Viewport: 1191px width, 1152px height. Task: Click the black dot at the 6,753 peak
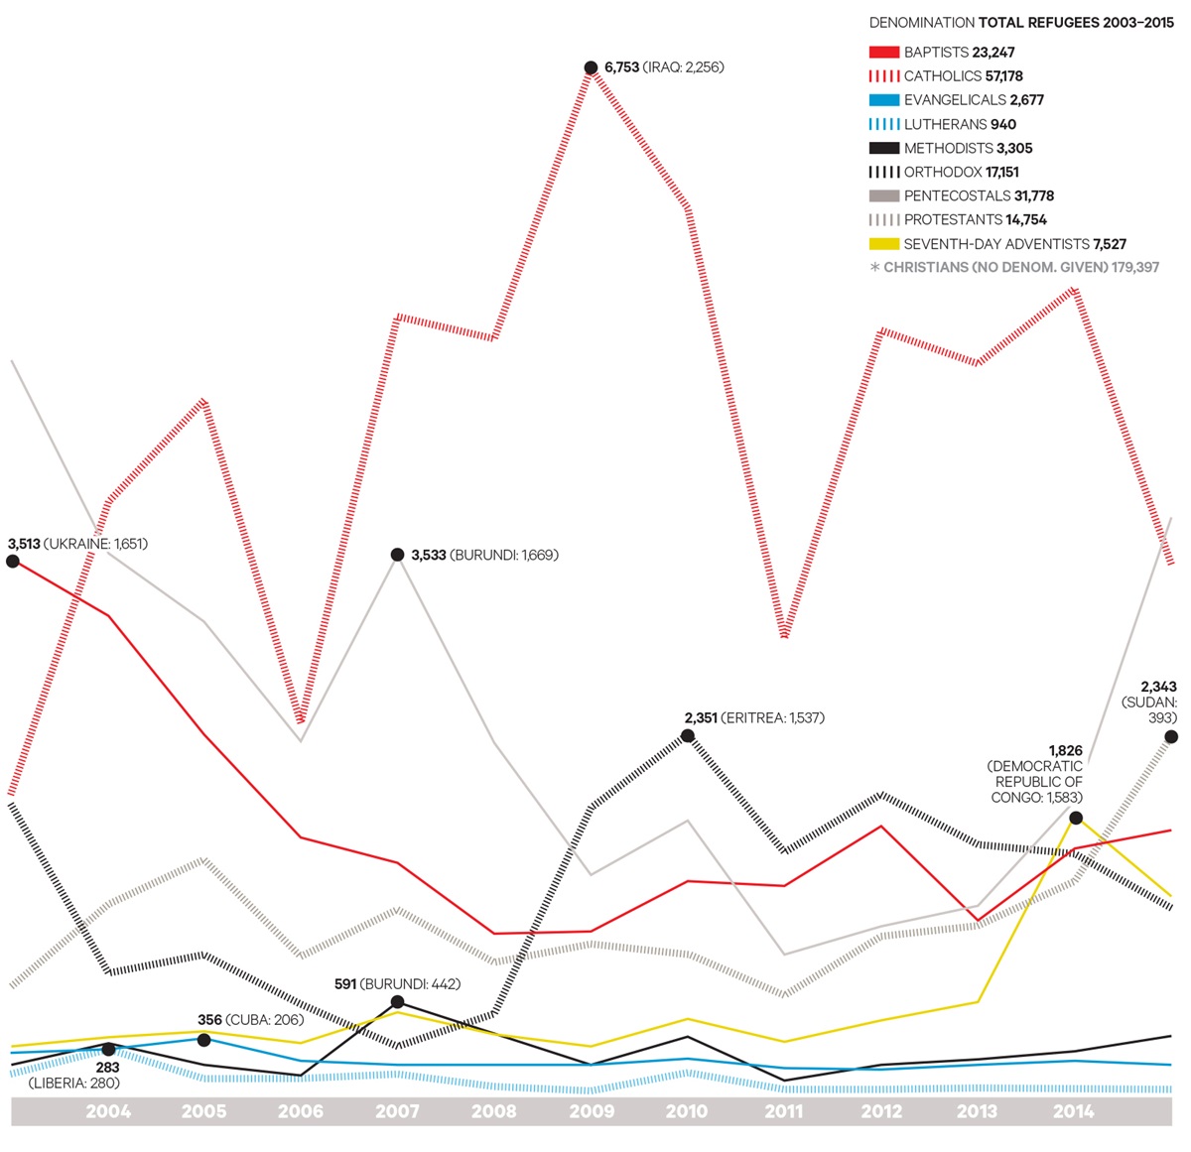tap(592, 68)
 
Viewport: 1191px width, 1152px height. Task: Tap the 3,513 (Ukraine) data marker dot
tap(12, 561)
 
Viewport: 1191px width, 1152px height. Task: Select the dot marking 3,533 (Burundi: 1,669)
tap(397, 555)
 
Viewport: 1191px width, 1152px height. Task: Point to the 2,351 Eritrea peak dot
tap(688, 735)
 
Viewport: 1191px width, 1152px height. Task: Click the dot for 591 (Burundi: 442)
tap(397, 1002)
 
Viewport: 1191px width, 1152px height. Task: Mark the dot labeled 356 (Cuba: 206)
tap(203, 1039)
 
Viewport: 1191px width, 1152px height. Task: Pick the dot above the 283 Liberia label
tap(108, 1049)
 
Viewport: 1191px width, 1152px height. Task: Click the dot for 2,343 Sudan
tap(1171, 736)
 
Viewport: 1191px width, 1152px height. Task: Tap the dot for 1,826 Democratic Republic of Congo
tap(1076, 818)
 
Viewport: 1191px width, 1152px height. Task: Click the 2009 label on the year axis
tap(591, 1111)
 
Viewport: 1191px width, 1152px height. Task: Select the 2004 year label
tap(108, 1111)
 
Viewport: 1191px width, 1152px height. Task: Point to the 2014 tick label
tap(1073, 1111)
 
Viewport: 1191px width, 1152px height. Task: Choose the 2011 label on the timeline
tap(783, 1111)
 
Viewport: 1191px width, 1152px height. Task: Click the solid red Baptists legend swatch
tap(883, 53)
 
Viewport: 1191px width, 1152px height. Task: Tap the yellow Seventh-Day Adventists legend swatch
tap(883, 244)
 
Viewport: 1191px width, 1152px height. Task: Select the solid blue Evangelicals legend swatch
tap(883, 100)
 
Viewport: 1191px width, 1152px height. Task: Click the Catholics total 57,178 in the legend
tap(1004, 76)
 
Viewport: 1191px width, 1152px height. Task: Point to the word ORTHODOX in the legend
tap(943, 173)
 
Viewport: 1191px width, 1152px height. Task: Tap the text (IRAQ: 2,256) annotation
tap(684, 67)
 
